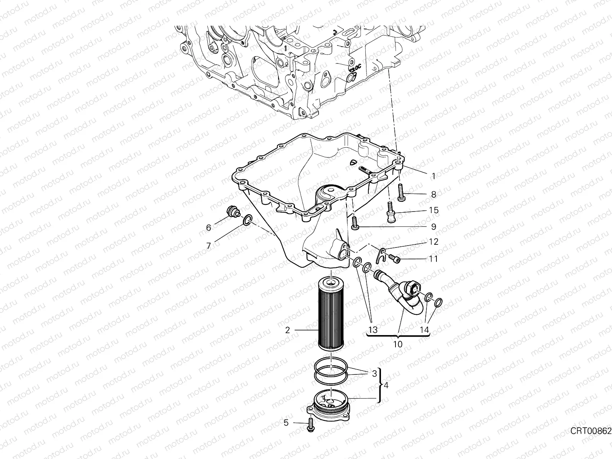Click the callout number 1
(x=433, y=176)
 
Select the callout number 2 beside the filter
(x=288, y=330)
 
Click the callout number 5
(x=286, y=423)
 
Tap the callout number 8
(x=433, y=194)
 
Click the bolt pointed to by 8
(x=401, y=192)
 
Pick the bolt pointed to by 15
(x=391, y=212)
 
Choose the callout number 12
(x=433, y=242)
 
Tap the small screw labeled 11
(x=394, y=258)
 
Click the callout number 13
(x=373, y=330)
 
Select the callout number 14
(x=424, y=330)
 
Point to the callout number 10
(x=397, y=345)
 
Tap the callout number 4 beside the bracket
(x=386, y=386)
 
